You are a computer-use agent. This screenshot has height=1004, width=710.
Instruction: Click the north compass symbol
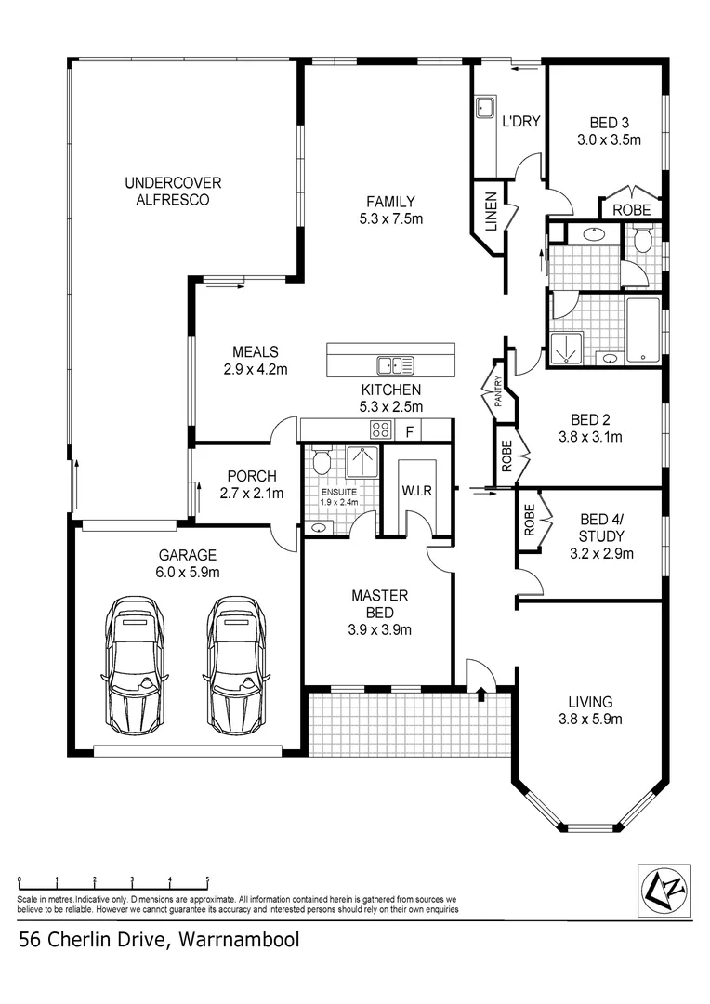665,890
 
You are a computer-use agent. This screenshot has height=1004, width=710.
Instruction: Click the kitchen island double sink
395,365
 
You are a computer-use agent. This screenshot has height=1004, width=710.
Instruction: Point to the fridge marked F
409,432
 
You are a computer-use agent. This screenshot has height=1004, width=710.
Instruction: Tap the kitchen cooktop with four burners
380,429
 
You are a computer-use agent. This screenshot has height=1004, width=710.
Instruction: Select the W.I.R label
416,491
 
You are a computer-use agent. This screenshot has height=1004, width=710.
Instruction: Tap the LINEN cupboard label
491,212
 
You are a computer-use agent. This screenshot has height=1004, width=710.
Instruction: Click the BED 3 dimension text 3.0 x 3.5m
609,139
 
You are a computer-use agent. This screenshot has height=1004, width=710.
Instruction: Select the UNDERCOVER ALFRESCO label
173,192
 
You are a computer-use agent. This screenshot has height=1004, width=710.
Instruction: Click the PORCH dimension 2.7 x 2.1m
252,493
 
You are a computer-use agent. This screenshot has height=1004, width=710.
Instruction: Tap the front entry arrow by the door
480,692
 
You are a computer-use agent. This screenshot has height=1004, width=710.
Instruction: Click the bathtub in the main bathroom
643,330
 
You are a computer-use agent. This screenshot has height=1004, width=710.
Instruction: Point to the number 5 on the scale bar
207,879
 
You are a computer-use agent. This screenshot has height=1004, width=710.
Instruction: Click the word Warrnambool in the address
239,940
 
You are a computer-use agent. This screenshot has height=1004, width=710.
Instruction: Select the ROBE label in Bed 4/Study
529,520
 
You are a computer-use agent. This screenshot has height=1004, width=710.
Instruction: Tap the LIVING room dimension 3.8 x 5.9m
590,719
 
